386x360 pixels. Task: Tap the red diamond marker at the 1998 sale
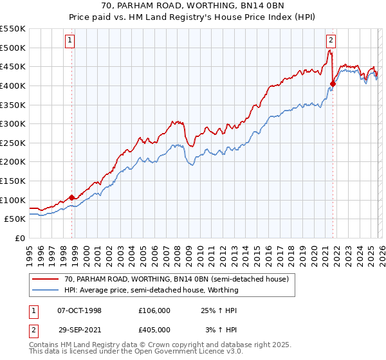click(72, 197)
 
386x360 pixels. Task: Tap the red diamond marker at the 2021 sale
click(333, 83)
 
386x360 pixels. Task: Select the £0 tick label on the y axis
click(21, 238)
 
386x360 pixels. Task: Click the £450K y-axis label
click(13, 66)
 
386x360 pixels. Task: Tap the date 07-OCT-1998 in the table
click(79, 310)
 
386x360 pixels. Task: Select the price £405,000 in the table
click(154, 330)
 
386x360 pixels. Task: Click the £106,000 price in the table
click(154, 310)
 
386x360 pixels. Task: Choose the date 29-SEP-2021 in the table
click(79, 330)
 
